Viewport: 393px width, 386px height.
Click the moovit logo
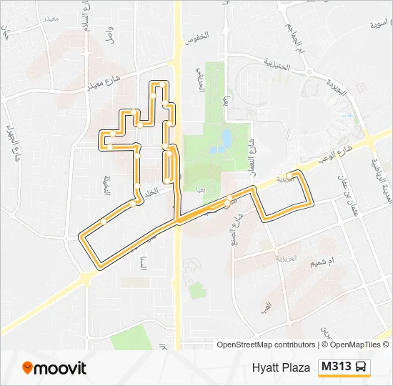[x=54, y=368]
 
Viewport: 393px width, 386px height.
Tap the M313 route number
[x=336, y=367]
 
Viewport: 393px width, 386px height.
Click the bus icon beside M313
[x=362, y=367]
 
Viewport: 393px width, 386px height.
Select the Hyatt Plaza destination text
[x=281, y=368]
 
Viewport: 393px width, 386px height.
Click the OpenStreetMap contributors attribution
[x=266, y=345]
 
